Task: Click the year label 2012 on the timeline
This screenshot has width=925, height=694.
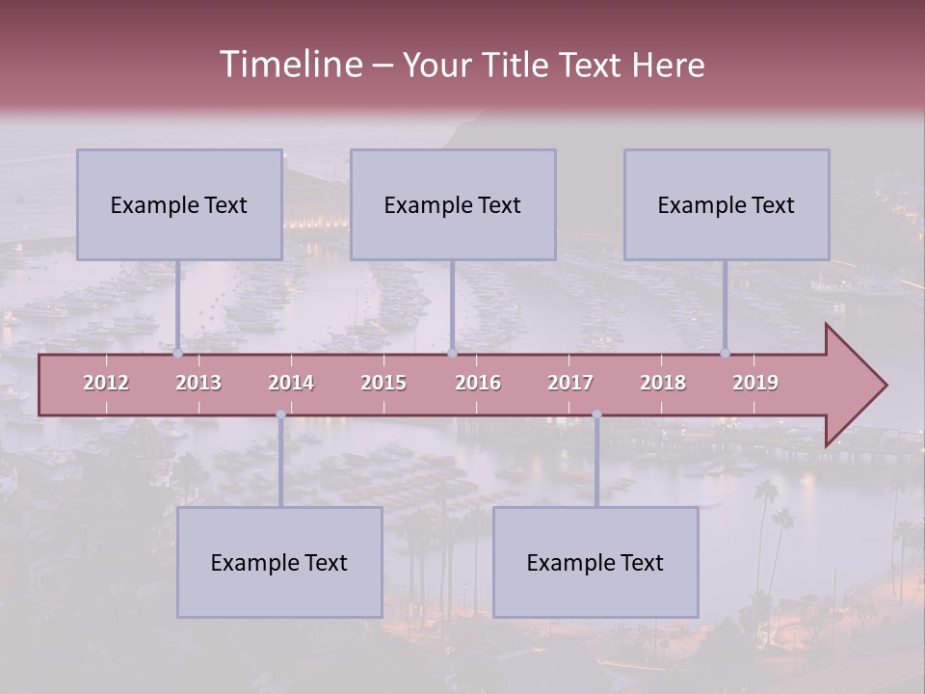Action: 106,383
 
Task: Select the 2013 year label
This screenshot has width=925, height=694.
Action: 198,383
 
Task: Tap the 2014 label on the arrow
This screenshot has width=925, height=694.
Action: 291,383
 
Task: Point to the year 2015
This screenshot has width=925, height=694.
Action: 383,383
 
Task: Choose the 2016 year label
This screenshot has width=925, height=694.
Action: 478,383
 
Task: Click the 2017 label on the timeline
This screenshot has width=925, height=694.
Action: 570,383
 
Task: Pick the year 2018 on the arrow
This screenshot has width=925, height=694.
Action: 663,383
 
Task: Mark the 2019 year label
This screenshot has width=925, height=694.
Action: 755,383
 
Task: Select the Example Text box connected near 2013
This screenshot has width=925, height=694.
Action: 179,204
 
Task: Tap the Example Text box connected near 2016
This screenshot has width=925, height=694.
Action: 453,204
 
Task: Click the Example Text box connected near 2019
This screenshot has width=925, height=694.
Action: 727,204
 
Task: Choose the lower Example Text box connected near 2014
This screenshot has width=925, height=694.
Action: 279,562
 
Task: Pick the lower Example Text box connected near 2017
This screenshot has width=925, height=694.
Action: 595,562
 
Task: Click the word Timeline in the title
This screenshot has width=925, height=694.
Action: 290,65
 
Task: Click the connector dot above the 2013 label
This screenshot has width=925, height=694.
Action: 177,354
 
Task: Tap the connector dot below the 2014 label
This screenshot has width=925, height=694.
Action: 280,414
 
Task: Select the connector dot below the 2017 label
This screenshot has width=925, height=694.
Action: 596,414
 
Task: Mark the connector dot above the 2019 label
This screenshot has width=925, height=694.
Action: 725,354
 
